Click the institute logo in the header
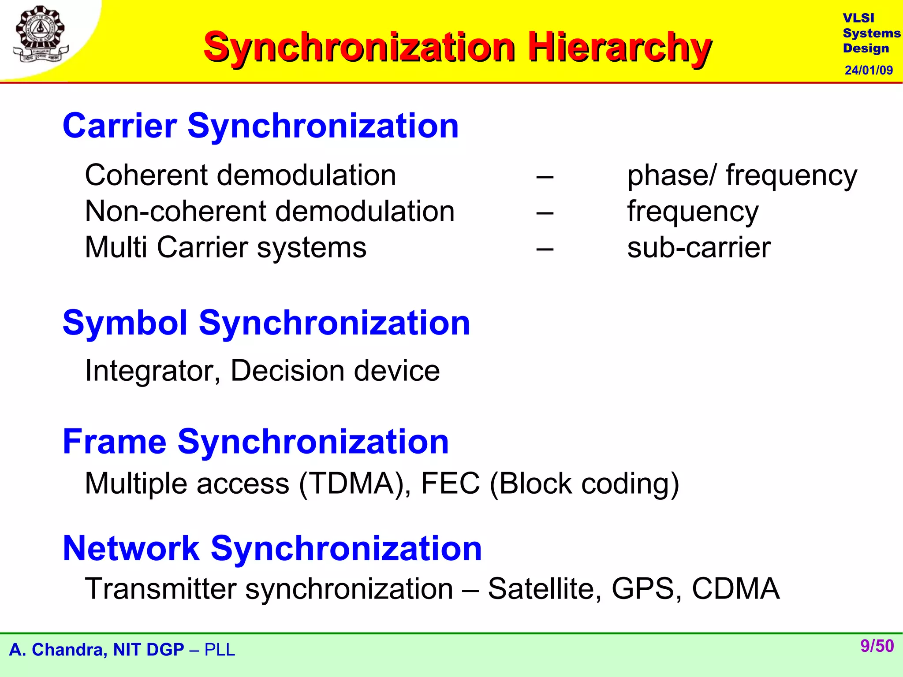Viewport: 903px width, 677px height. tap(41, 34)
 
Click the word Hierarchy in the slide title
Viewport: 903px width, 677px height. tap(619, 48)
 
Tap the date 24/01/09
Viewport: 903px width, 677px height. tap(869, 70)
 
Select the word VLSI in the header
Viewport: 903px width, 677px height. tap(858, 18)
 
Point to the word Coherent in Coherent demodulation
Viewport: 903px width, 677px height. tap(146, 175)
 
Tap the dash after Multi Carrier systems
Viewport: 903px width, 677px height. tap(545, 248)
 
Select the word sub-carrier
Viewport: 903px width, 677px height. tap(699, 248)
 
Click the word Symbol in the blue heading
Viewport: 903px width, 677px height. tap(125, 323)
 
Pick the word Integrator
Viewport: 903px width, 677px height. tap(153, 371)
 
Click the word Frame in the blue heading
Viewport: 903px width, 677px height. tap(115, 442)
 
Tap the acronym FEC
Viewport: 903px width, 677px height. tap(450, 484)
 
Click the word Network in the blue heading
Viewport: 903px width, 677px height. tap(131, 548)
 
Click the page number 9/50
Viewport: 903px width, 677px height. tap(877, 646)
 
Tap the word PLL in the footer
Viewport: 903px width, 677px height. tap(220, 650)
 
